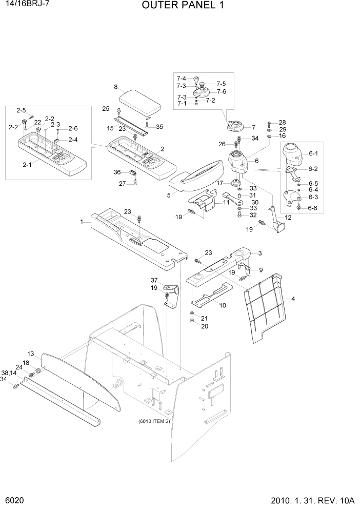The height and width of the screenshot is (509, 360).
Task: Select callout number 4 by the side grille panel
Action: click(x=293, y=299)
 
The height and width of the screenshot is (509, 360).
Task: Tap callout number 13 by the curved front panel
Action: click(x=30, y=354)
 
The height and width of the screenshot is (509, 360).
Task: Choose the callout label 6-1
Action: click(x=313, y=153)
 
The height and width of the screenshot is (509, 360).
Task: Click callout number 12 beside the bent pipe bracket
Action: click(x=288, y=218)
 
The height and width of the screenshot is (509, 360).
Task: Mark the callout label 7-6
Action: click(x=222, y=91)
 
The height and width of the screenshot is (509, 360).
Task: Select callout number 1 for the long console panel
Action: click(x=82, y=222)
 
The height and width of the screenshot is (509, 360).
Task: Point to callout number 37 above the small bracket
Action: click(x=153, y=280)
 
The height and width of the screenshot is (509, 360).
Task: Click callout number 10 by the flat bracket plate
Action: click(x=223, y=305)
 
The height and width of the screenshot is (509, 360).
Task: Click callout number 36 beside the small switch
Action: click(x=117, y=172)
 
